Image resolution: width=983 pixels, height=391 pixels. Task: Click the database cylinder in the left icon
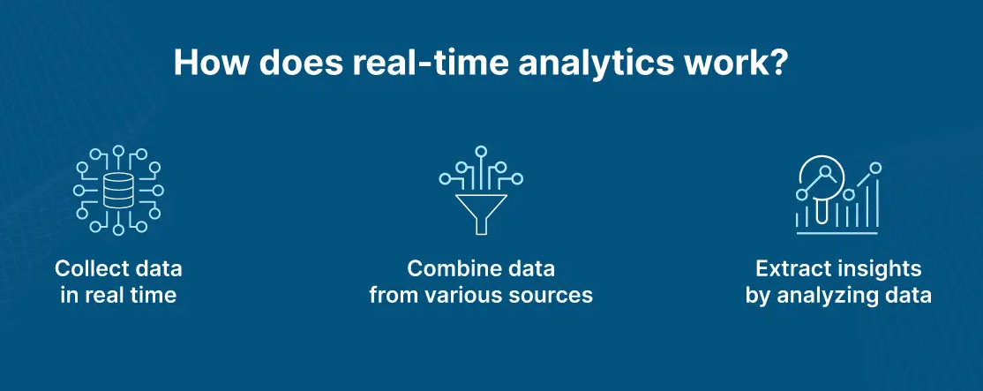[x=118, y=192]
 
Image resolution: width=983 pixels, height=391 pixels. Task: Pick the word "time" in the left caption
[x=154, y=295]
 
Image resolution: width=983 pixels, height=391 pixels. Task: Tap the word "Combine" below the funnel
[x=446, y=269]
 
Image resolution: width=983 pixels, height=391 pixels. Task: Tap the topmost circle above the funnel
[x=481, y=151]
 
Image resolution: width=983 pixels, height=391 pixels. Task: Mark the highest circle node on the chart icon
[x=876, y=168]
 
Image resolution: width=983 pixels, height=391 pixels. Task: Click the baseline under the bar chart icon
[x=837, y=234]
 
